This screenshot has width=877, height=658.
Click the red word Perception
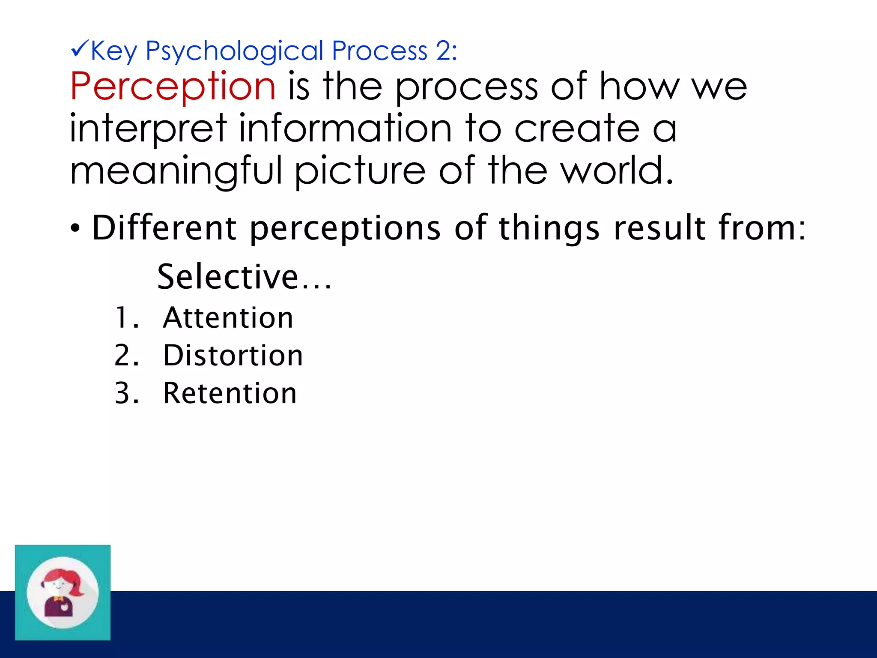coord(173,87)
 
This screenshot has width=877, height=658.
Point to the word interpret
coord(148,129)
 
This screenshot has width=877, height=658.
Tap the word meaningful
coord(176,171)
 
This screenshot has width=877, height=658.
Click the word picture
coord(360,171)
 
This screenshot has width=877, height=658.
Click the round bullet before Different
coord(75,229)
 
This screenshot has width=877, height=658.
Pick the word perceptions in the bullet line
coord(345,228)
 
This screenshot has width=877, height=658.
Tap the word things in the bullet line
coord(549,228)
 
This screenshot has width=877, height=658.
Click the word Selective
coord(228,277)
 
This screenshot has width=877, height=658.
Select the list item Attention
coord(228,318)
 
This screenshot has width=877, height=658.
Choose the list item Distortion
coord(233,356)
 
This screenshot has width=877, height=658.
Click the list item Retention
coord(230,393)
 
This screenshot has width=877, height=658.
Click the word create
coord(576,129)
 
